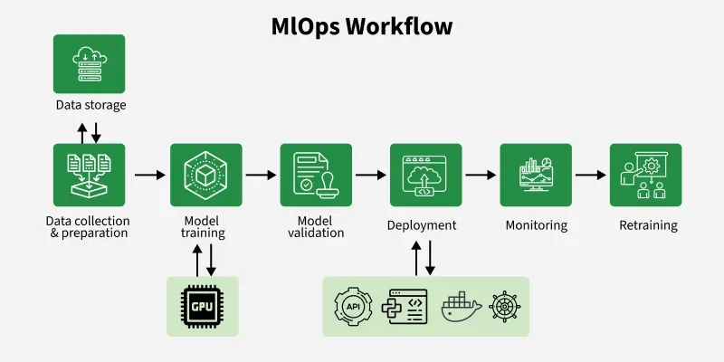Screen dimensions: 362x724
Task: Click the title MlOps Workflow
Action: [362, 26]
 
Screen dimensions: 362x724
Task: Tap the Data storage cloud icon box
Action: [89, 63]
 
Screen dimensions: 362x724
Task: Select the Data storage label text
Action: [89, 105]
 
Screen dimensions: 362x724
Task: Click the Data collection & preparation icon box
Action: [89, 174]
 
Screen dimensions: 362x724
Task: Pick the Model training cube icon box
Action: [205, 174]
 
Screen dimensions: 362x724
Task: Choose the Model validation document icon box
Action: [315, 174]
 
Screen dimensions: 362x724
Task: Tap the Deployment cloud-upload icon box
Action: [425, 174]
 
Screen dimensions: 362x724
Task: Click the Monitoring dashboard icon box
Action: [536, 174]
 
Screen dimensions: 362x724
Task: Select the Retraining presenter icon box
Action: [645, 174]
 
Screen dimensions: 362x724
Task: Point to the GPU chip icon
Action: [203, 307]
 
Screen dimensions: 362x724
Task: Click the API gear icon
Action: [354, 307]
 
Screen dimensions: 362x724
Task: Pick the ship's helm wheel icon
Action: [505, 307]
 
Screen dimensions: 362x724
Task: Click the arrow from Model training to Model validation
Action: [261, 175]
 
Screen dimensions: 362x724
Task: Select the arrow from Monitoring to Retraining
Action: [590, 175]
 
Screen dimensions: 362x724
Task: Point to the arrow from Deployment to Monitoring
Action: [481, 175]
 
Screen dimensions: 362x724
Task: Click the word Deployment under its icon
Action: [422, 225]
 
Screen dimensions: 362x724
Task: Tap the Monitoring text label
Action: [536, 225]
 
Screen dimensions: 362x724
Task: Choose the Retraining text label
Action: [648, 225]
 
